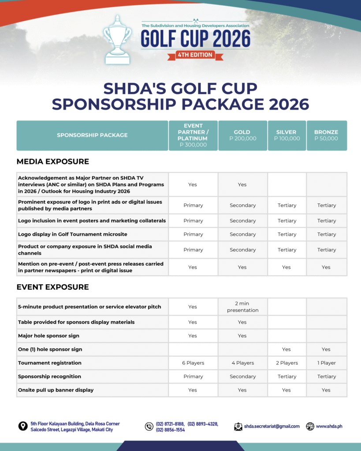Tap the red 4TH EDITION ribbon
coord(194,55)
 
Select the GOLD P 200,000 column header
coord(242,135)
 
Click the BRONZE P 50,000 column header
coord(326,135)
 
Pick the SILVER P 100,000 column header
coord(287,135)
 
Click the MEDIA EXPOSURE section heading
coord(52,162)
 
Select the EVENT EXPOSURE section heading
coord(52,287)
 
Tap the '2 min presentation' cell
coord(242,307)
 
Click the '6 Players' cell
coord(193,363)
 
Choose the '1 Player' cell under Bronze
coord(326,363)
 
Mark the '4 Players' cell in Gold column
coord(242,363)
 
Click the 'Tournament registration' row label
coord(50,363)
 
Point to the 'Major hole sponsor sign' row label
coord(48,336)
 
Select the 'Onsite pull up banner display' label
coord(56,390)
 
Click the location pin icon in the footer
coord(23,426)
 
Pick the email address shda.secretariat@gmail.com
coord(272,426)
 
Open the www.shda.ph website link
coord(329,426)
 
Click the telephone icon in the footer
coord(149,426)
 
